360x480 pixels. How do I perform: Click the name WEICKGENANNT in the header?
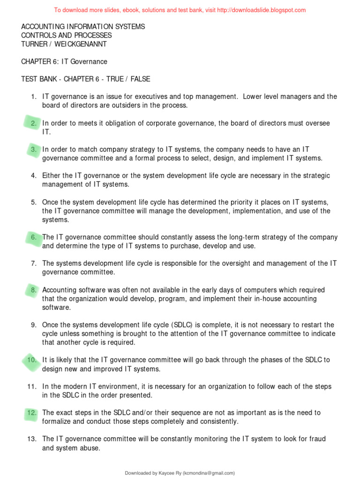[93, 44]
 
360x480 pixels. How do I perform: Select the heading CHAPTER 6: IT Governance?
[64, 61]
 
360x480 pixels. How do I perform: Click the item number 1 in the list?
[34, 97]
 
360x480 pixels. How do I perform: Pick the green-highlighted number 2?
[34, 123]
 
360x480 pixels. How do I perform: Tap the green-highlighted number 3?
[34, 150]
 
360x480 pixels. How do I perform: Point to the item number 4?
[34, 176]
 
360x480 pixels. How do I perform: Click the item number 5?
[34, 202]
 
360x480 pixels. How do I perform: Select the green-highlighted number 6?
[34, 237]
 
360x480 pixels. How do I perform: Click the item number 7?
[34, 263]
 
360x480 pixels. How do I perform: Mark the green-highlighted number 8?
[34, 290]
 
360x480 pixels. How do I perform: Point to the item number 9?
[34, 325]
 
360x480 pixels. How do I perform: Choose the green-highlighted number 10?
[32, 360]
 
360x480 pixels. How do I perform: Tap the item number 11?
[32, 387]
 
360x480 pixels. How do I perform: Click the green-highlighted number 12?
[32, 413]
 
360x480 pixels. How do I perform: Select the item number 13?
[32, 439]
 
